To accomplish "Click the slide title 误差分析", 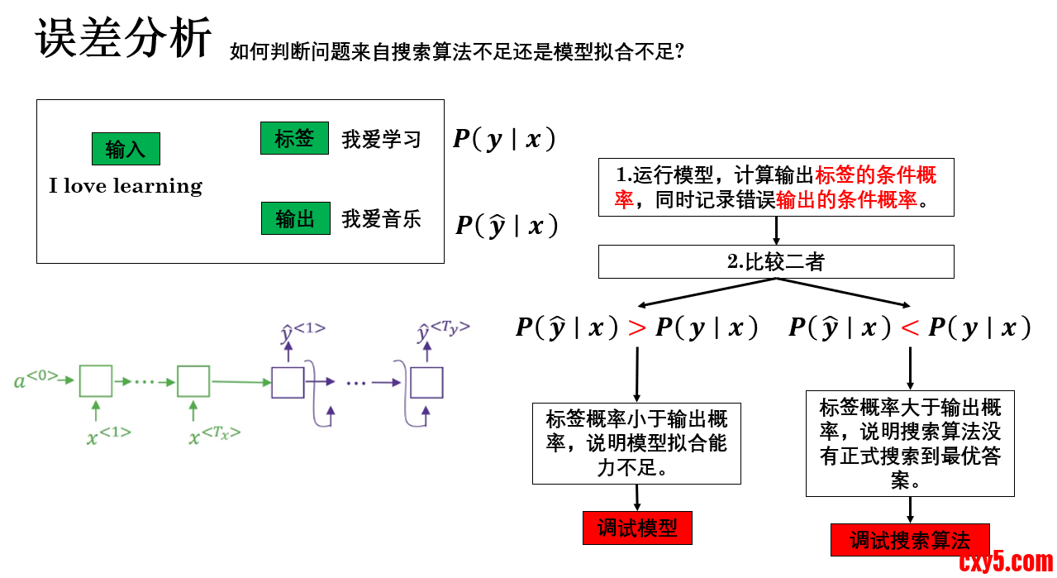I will coord(123,38).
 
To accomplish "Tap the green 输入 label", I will coord(126,149).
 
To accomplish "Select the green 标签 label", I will coord(295,138).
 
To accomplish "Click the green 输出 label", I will coord(295,218).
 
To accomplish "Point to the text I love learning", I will coord(126,186).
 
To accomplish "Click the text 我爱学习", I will coord(381,139).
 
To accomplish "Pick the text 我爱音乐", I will coord(381,219).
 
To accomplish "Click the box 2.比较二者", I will coord(776,261).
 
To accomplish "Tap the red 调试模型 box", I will coord(636,528).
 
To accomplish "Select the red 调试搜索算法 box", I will coord(910,540).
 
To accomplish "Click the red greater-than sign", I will coord(636,328).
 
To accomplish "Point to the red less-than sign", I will coord(910,328).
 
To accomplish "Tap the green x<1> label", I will coord(108,435).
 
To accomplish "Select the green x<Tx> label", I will coord(214,435).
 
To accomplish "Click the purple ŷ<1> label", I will coord(302,332).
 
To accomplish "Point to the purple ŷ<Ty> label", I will coord(443,331).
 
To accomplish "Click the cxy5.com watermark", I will coord(1006,561).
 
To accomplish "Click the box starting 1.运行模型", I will coord(776,187).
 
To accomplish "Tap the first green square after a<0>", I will coord(96,381).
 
